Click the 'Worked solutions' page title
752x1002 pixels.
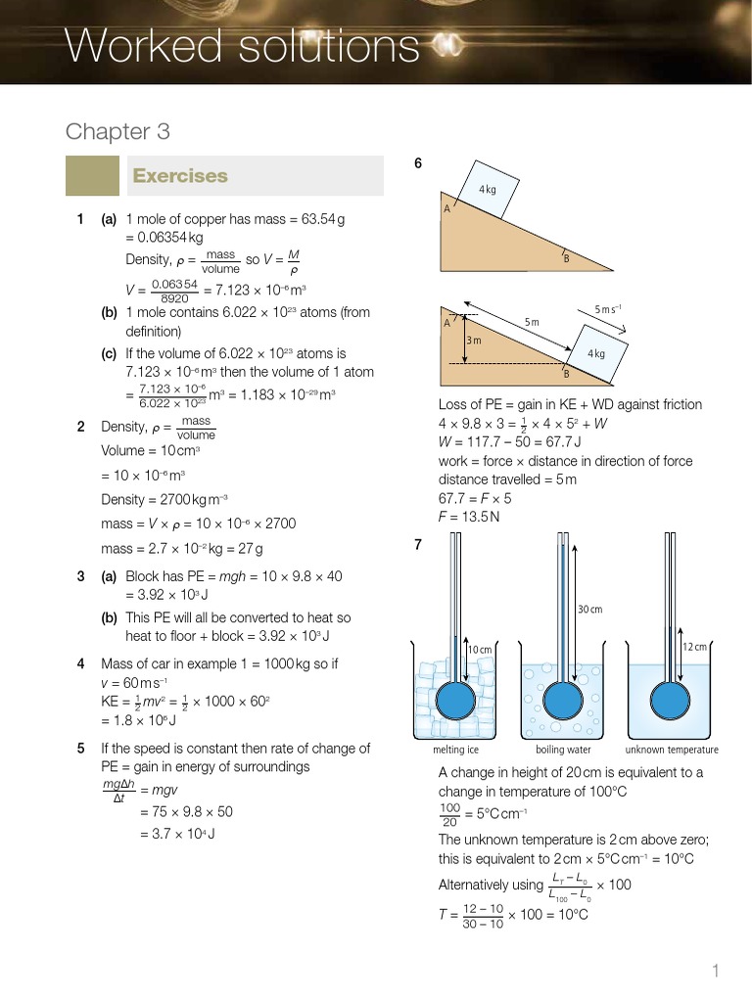(241, 45)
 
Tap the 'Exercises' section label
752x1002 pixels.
(180, 176)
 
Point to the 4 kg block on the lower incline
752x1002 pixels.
(594, 354)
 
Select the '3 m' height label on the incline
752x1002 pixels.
(474, 340)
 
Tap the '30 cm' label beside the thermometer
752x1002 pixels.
(589, 609)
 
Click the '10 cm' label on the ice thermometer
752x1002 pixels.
(479, 650)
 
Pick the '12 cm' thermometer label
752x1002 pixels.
(694, 647)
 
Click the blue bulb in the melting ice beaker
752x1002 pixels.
(455, 700)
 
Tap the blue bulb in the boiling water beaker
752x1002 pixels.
(563, 700)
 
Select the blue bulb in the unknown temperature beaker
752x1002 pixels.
(672, 700)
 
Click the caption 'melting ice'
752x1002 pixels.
(455, 750)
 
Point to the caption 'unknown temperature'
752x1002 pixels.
(672, 750)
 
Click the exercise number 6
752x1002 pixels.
(418, 163)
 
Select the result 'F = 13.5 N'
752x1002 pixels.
(469, 517)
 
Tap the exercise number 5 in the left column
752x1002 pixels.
(80, 749)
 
